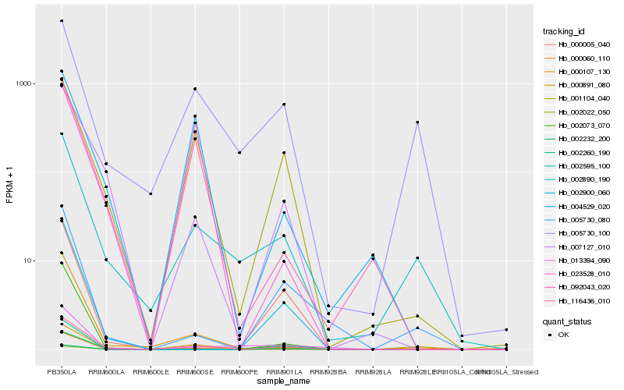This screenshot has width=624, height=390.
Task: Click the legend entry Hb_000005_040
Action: pyautogui.click(x=578, y=46)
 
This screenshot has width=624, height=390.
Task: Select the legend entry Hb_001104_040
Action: pyautogui.click(x=578, y=99)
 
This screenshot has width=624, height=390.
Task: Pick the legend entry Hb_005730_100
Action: pyautogui.click(x=578, y=233)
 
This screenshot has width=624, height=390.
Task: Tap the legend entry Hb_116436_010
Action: pyautogui.click(x=578, y=300)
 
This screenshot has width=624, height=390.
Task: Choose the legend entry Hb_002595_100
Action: pyautogui.click(x=578, y=166)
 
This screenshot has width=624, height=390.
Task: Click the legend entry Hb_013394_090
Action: pyautogui.click(x=578, y=260)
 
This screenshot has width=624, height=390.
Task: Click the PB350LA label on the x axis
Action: pyautogui.click(x=62, y=372)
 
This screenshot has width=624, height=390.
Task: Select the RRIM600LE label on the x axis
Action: pyautogui.click(x=151, y=372)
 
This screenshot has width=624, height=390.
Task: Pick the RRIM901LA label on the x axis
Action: pyautogui.click(x=284, y=372)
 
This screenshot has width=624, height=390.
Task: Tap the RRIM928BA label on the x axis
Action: pyautogui.click(x=328, y=372)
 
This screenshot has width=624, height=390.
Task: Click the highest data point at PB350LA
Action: pyautogui.click(x=62, y=21)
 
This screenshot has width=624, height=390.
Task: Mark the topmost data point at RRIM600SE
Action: pyautogui.click(x=195, y=89)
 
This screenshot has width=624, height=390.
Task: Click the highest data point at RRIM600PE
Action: pyautogui.click(x=239, y=153)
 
